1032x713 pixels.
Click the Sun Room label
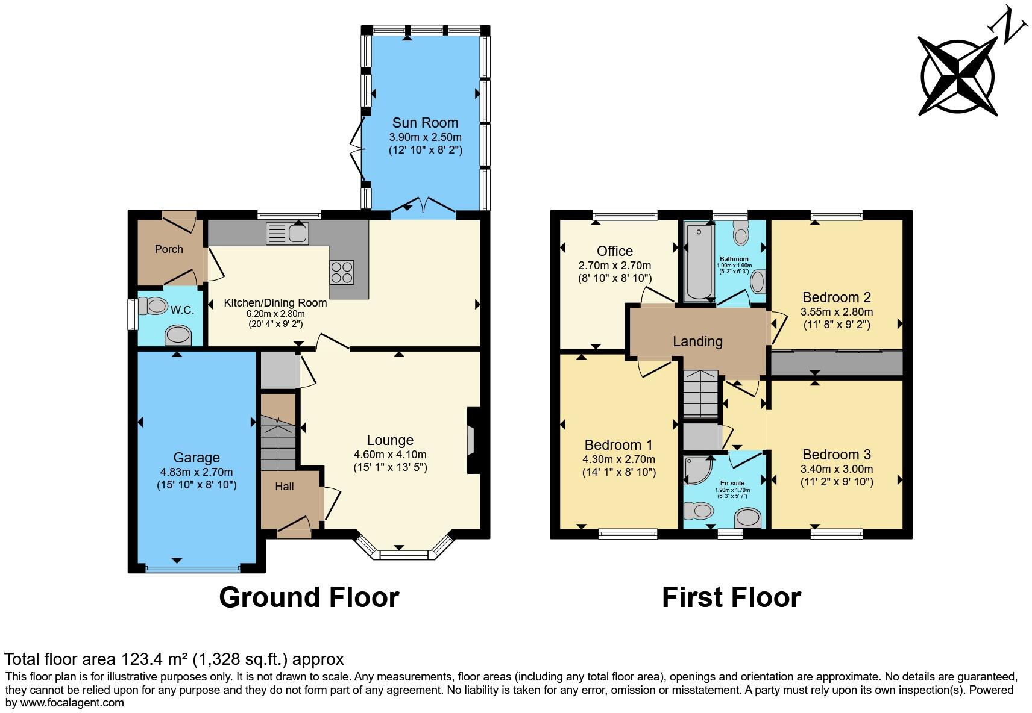click(x=425, y=123)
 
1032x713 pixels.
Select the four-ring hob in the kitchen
click(x=341, y=272)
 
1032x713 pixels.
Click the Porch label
click(x=169, y=249)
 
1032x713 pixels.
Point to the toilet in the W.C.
click(x=153, y=306)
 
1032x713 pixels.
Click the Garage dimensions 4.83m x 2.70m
click(x=197, y=472)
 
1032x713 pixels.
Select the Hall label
click(x=285, y=486)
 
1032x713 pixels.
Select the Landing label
click(x=697, y=341)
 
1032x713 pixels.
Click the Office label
click(x=615, y=251)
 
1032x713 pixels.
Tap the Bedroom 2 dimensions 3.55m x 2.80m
click(x=837, y=312)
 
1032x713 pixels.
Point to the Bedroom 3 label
click(x=837, y=455)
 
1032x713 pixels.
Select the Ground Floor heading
click(x=309, y=597)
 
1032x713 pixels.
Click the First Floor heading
click(x=731, y=597)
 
